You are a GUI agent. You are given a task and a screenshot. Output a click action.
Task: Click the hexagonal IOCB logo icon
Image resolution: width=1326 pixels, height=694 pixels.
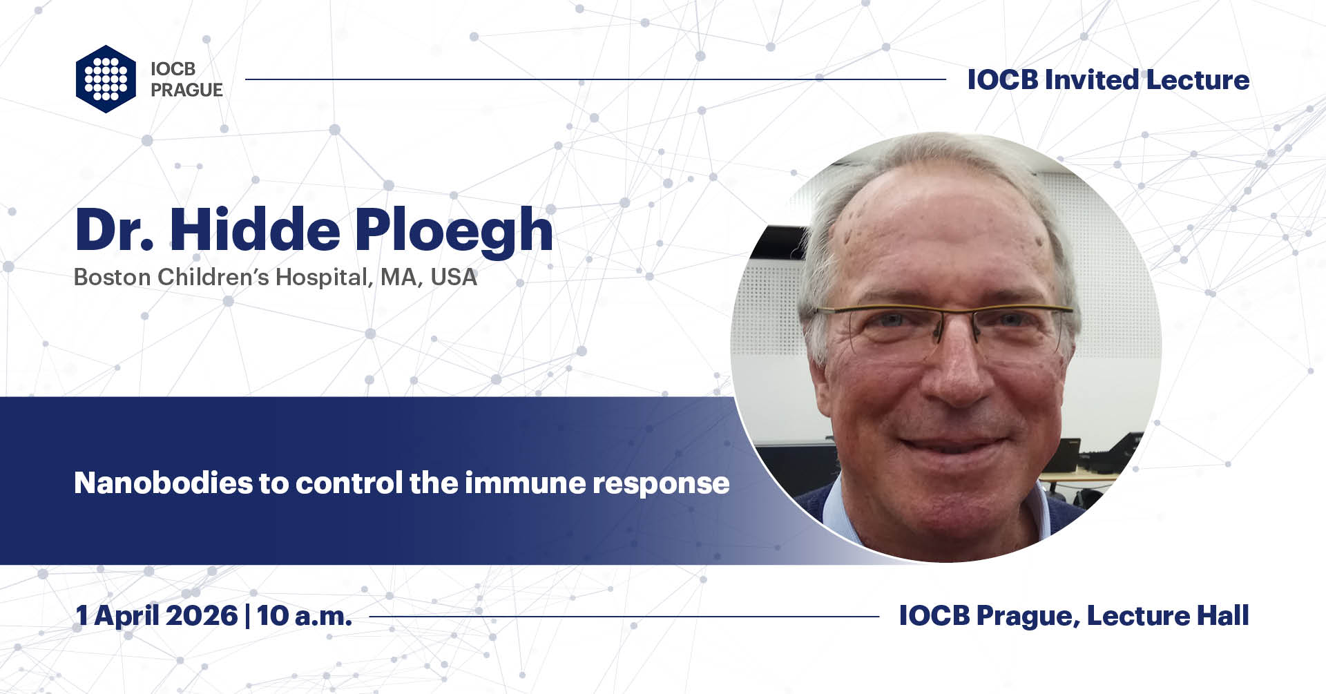tap(106, 79)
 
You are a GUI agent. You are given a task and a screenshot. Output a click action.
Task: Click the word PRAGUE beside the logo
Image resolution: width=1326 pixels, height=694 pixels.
tap(186, 90)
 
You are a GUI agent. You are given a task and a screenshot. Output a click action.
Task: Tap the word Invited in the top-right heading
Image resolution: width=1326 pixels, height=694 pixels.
tap(1091, 80)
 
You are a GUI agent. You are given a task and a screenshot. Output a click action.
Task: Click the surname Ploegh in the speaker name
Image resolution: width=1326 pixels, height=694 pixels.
tap(454, 230)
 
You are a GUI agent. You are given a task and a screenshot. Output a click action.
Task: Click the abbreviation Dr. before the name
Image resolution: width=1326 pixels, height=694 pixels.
tap(114, 230)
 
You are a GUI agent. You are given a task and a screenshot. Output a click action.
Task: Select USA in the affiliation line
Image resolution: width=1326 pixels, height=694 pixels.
tap(454, 277)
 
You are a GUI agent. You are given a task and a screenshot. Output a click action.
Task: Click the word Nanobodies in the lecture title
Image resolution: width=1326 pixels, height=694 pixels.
tap(163, 483)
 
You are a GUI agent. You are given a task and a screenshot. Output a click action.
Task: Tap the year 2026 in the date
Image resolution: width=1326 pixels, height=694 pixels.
tap(201, 615)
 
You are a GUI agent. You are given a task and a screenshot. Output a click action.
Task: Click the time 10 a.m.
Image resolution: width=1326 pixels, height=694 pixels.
tap(304, 615)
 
